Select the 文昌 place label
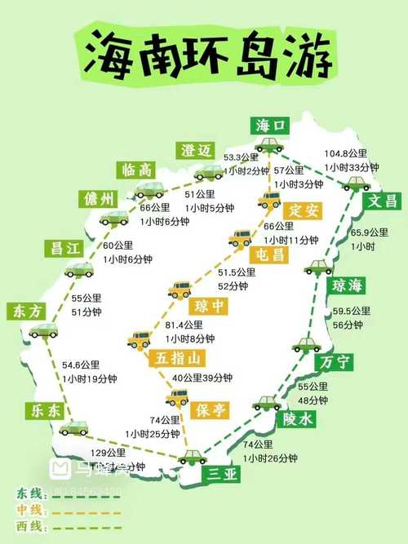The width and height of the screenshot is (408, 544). tap(382, 201)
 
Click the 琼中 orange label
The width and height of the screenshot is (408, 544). tap(207, 307)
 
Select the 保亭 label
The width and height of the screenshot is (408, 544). tap(210, 410)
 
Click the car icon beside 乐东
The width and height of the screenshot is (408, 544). tap(73, 427)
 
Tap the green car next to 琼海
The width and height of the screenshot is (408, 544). tap(317, 267)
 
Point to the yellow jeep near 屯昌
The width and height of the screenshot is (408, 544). tap(241, 237)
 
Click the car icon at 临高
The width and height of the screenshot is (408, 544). tap(149, 190)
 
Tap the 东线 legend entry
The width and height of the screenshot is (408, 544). tap(31, 493)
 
